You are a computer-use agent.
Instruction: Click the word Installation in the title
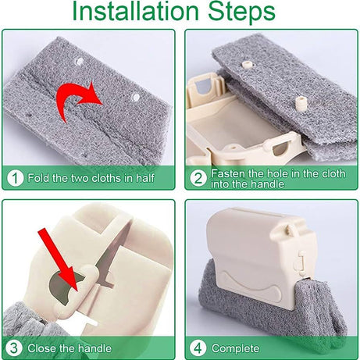pyautogui.click(x=135, y=11)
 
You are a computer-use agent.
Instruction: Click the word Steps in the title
pyautogui.click(x=241, y=12)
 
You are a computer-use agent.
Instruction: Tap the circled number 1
pyautogui.click(x=15, y=178)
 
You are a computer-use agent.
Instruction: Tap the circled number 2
pyautogui.click(x=198, y=178)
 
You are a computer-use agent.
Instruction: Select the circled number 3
pyautogui.click(x=13, y=348)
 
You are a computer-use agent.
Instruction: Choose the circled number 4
pyautogui.click(x=198, y=348)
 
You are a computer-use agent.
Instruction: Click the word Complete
pyautogui.click(x=235, y=348)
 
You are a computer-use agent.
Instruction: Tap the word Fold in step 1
pyautogui.click(x=39, y=178)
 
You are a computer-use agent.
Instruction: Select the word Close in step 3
pyautogui.click(x=42, y=348)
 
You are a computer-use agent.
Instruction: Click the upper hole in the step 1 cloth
pyautogui.click(x=80, y=62)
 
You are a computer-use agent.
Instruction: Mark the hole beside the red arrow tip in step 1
pyautogui.click(x=135, y=97)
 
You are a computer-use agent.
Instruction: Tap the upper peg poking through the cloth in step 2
pyautogui.click(x=247, y=64)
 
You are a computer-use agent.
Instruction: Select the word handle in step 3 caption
pyautogui.click(x=94, y=348)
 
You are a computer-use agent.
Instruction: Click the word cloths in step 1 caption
pyautogui.click(x=106, y=178)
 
